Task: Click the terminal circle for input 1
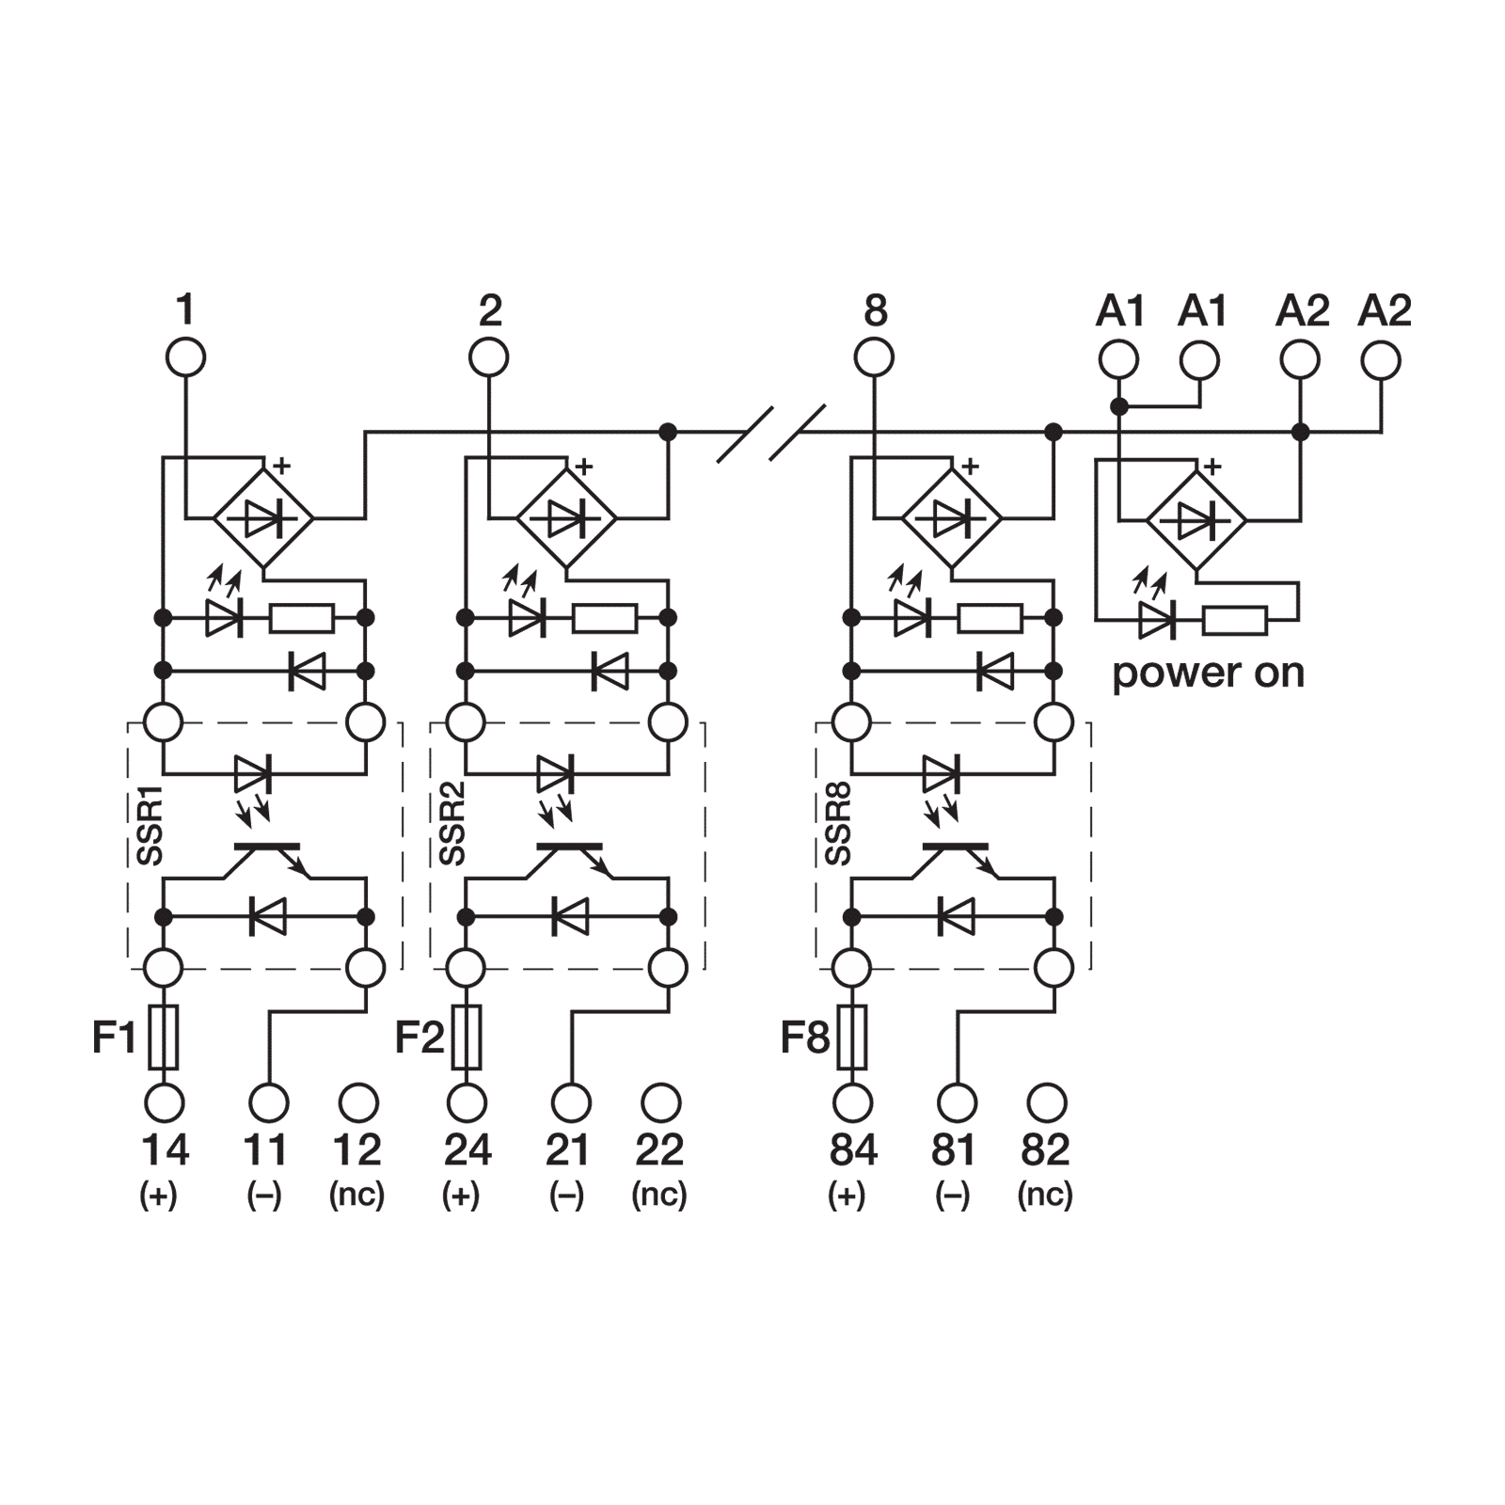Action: pyautogui.click(x=186, y=358)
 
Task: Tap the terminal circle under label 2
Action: pyautogui.click(x=489, y=358)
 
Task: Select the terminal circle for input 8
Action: pyautogui.click(x=875, y=358)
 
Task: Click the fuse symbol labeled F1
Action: pyautogui.click(x=165, y=1037)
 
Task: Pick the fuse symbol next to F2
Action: pyautogui.click(x=467, y=1037)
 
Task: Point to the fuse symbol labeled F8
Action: pyautogui.click(x=853, y=1037)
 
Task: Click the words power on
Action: pyautogui.click(x=1209, y=673)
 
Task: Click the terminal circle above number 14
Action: pyautogui.click(x=165, y=1102)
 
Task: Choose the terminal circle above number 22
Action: pyautogui.click(x=660, y=1102)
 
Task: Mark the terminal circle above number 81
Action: pyautogui.click(x=956, y=1102)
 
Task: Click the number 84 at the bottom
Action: pyautogui.click(x=853, y=1149)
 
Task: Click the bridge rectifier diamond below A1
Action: pyautogui.click(x=1196, y=518)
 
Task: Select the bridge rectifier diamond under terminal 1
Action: pyautogui.click(x=262, y=518)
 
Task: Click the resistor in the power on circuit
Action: pyautogui.click(x=1235, y=621)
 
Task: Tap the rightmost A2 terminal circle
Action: pyautogui.click(x=1381, y=358)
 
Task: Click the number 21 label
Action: pyautogui.click(x=568, y=1149)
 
